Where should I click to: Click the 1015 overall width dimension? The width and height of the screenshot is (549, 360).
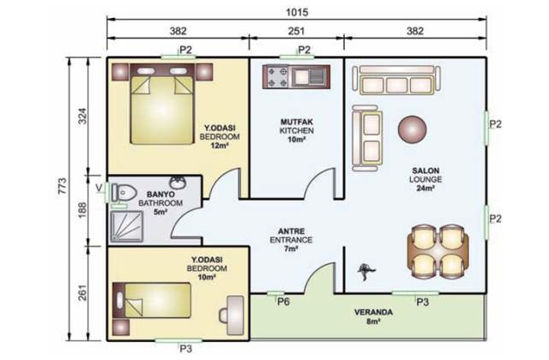pyautogui.click(x=297, y=13)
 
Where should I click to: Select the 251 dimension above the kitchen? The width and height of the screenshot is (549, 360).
pyautogui.click(x=296, y=31)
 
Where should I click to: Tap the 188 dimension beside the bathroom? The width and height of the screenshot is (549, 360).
pyautogui.click(x=82, y=210)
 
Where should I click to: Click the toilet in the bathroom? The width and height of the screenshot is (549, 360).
pyautogui.click(x=124, y=192)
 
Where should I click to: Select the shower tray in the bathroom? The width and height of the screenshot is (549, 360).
pyautogui.click(x=127, y=226)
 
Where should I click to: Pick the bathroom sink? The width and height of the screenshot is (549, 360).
pyautogui.click(x=178, y=183)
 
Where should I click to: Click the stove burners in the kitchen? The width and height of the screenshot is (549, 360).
pyautogui.click(x=277, y=77)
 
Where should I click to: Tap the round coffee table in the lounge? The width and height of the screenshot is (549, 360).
pyautogui.click(x=412, y=129)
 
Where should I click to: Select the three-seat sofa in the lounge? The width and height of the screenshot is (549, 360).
pyautogui.click(x=396, y=80)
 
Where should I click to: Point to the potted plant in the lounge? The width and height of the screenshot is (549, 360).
pyautogui.click(x=365, y=271)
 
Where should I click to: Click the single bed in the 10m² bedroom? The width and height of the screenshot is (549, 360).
pyautogui.click(x=152, y=300)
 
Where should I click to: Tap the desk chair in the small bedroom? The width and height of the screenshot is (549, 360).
pyautogui.click(x=225, y=315)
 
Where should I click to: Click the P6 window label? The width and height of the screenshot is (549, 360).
pyautogui.click(x=283, y=301)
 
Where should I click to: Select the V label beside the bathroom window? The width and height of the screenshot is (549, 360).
pyautogui.click(x=100, y=188)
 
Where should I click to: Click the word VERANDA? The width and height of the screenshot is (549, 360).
pyautogui.click(x=373, y=312)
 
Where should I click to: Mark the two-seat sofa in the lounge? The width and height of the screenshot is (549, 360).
pyautogui.click(x=367, y=138)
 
